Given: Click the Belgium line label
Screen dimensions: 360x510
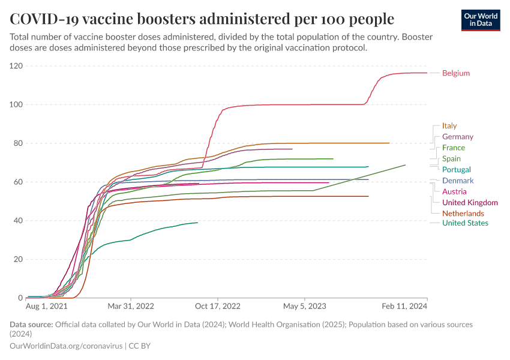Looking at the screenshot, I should click(455, 73).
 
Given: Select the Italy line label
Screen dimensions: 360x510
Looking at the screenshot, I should click(449, 126).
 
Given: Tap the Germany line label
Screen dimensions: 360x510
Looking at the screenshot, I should click(457, 137).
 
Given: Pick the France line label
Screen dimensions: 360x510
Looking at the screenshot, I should click(453, 148).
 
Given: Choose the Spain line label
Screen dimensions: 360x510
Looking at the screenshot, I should click(451, 159).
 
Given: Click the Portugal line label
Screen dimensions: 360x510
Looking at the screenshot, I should click(456, 170).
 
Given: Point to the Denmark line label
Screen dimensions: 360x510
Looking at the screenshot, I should click(457, 181).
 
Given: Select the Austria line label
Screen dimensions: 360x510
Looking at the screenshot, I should click(454, 192).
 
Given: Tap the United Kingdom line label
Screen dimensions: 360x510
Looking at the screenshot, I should click(469, 203).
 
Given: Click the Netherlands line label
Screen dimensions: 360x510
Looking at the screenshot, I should click(463, 214).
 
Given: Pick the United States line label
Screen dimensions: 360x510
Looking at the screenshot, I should click(464, 223).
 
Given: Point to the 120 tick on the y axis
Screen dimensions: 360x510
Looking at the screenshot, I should click(16, 66).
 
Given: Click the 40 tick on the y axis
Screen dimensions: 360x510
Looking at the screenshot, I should click(18, 221).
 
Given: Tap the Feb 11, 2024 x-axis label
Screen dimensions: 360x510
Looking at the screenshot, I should click(406, 305).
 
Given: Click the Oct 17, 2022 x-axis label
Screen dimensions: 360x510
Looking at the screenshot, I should click(218, 305).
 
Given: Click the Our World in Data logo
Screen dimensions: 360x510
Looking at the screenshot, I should click(481, 19).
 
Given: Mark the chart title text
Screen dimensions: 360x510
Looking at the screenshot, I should click(202, 19).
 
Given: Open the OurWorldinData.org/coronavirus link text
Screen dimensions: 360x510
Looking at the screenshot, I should click(66, 346).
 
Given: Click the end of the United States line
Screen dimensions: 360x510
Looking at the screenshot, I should click(197, 223).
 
